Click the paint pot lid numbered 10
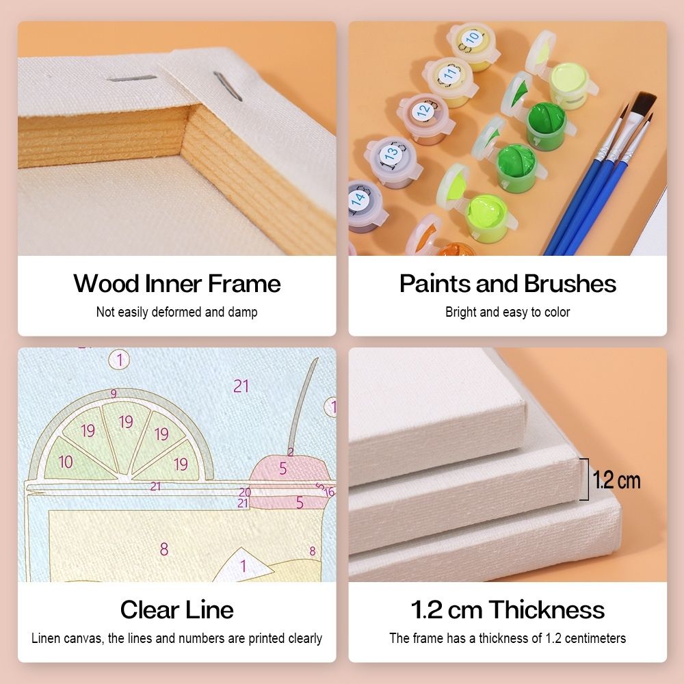[471, 38]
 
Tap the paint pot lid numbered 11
[449, 73]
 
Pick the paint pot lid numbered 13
[391, 153]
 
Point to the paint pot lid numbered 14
[358, 198]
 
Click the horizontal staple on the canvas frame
[131, 79]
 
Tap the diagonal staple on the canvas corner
[228, 86]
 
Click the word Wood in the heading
[107, 284]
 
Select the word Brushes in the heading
[570, 284]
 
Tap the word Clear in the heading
[148, 609]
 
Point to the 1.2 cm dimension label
[616, 480]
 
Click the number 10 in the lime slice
[66, 462]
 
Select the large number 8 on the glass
[164, 549]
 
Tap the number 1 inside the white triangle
[244, 566]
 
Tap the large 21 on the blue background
[241, 386]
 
